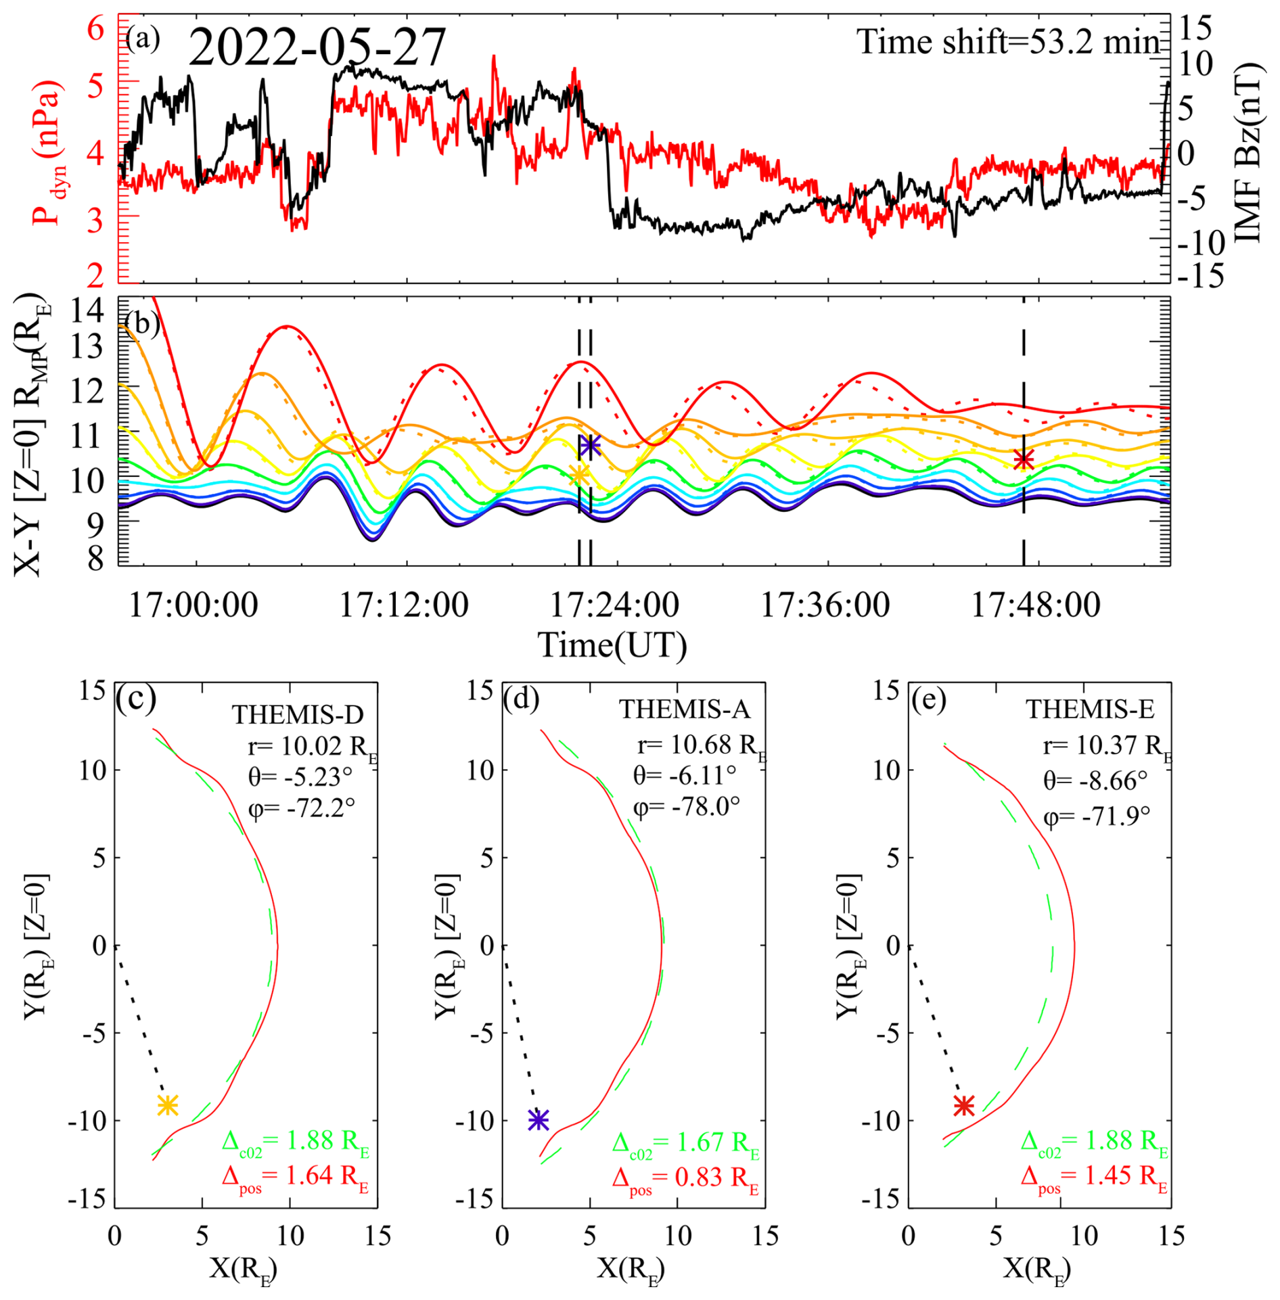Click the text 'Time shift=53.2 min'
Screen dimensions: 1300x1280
click(1008, 42)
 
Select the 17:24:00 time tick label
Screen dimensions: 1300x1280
click(614, 604)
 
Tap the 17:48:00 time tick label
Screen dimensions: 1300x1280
click(1036, 604)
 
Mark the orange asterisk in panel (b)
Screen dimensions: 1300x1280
click(578, 475)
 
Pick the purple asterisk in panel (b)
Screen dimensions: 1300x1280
click(590, 445)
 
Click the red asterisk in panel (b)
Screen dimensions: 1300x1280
click(1023, 460)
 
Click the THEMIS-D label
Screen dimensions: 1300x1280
click(298, 715)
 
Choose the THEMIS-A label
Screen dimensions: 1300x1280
click(684, 709)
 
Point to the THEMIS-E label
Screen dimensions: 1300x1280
click(1090, 709)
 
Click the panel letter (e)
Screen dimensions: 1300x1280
click(928, 700)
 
